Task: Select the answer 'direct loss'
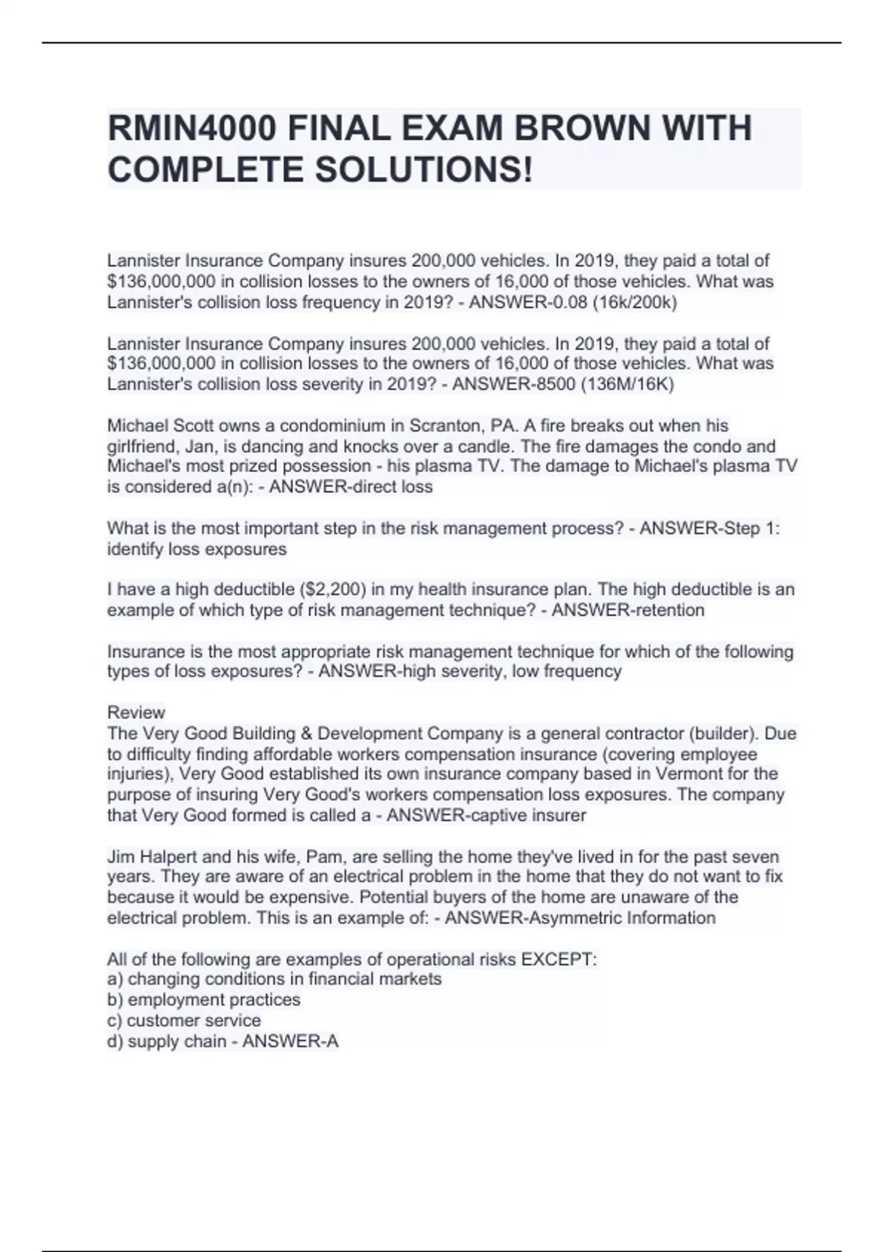(x=388, y=487)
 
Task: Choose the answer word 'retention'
(x=664, y=610)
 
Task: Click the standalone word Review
(x=136, y=712)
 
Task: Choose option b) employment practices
(x=204, y=1000)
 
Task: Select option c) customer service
(x=184, y=1021)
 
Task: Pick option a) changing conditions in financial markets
(x=275, y=980)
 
